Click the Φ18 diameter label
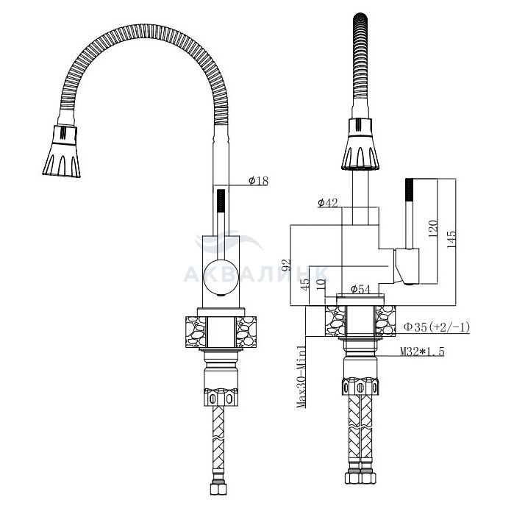coord(257,182)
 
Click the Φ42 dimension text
coord(328,203)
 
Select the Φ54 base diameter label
coord(360,290)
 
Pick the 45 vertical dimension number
coord(306,283)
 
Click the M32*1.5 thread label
coord(424,352)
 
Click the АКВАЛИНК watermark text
coord(254,274)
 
